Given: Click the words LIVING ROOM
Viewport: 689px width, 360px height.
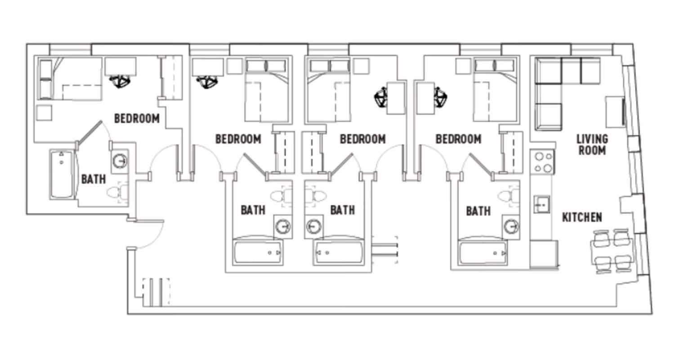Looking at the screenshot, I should [592, 145].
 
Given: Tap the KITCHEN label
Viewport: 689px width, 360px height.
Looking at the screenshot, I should [582, 217].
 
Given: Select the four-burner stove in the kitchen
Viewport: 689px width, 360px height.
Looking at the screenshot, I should [542, 162].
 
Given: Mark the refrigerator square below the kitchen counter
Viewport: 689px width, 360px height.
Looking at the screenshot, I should [544, 254].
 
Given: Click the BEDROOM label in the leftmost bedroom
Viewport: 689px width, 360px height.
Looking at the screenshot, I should [137, 119].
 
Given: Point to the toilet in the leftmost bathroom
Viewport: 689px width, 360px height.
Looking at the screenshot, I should [117, 193].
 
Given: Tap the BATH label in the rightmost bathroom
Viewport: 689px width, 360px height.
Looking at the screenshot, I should [478, 211].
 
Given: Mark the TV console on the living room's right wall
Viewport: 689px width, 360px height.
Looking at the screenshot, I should [615, 112].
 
